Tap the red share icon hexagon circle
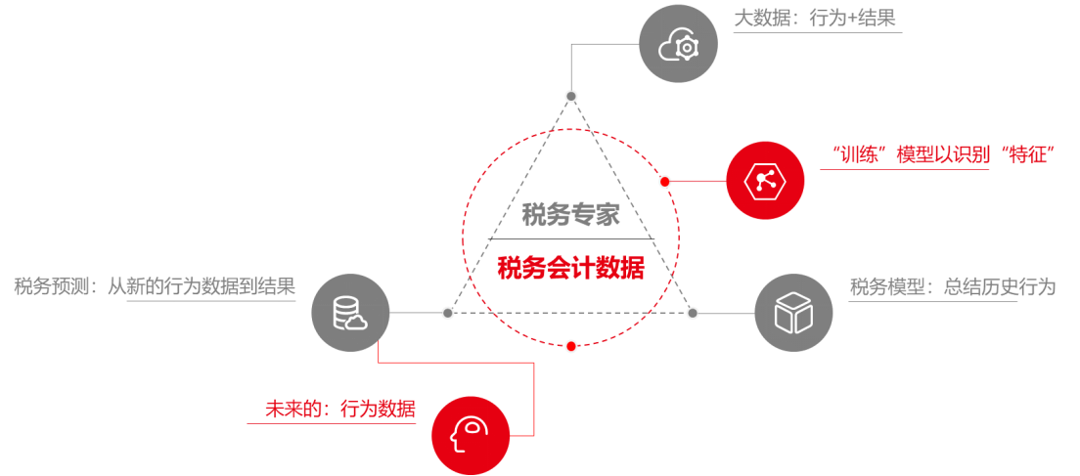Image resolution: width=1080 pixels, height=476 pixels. [765, 181]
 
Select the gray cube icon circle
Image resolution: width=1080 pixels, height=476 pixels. [793, 313]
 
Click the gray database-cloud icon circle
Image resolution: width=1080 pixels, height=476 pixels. [350, 313]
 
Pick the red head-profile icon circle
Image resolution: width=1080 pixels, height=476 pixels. [471, 435]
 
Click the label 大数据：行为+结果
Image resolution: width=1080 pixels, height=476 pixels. [815, 19]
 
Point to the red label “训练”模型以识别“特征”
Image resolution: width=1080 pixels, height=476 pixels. [940, 154]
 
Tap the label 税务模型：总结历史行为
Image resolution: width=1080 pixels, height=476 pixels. [952, 287]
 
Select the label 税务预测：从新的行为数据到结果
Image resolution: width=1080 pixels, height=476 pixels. [155, 286]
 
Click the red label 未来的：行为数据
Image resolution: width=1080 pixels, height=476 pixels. [339, 409]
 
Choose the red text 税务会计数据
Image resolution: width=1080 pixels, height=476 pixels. [570, 268]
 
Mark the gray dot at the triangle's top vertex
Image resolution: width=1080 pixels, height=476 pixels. [571, 96]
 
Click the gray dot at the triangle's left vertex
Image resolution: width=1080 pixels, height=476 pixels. [447, 313]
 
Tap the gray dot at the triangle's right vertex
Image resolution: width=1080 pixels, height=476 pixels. [693, 313]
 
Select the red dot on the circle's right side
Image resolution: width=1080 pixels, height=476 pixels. [665, 182]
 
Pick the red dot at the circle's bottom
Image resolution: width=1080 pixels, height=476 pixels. [571, 345]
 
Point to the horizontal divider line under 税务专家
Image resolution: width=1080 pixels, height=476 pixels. [570, 239]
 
